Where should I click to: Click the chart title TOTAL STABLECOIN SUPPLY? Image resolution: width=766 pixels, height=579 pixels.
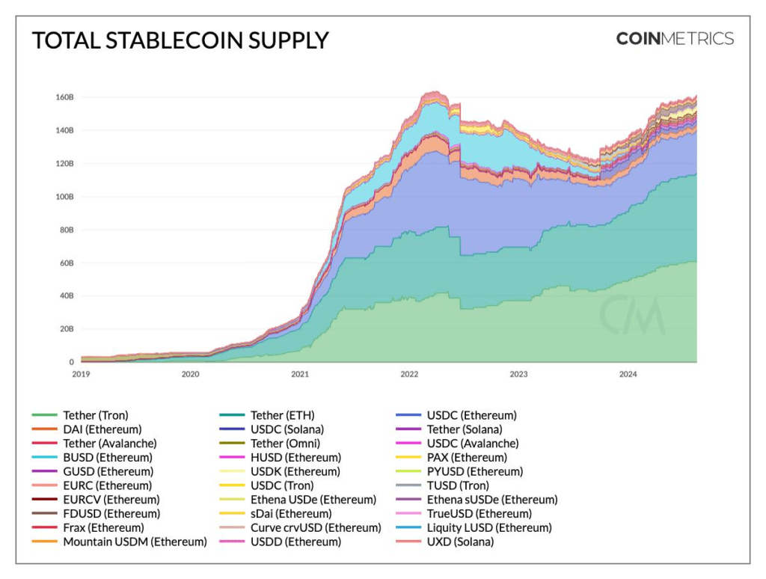pyautogui.click(x=180, y=40)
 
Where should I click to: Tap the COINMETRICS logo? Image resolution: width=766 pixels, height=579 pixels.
pyautogui.click(x=675, y=39)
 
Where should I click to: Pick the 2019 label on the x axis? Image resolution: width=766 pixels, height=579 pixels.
pyautogui.click(x=81, y=374)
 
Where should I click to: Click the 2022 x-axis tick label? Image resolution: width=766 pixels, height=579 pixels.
pyautogui.click(x=409, y=374)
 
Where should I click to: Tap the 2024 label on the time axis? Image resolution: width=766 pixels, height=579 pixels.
pyautogui.click(x=628, y=374)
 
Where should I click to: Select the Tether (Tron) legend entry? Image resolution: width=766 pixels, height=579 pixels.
pyautogui.click(x=95, y=415)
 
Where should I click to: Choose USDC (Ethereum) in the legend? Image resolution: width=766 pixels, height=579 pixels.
pyautogui.click(x=471, y=415)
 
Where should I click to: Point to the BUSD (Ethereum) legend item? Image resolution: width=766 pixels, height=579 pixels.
pyautogui.click(x=107, y=457)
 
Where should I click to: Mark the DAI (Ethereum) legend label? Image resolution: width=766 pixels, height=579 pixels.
pyautogui.click(x=102, y=429)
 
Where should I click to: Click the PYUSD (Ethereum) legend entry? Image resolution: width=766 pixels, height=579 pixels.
pyautogui.click(x=474, y=471)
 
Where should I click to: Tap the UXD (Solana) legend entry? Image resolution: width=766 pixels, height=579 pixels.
pyautogui.click(x=460, y=542)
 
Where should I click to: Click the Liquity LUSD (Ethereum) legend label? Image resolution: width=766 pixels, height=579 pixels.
pyautogui.click(x=489, y=527)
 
